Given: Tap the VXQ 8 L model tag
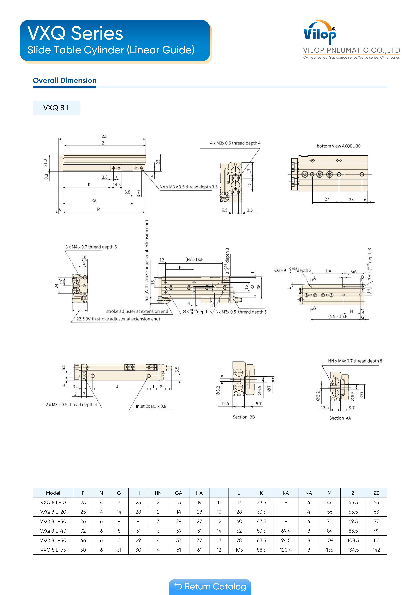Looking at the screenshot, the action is (x=56, y=108).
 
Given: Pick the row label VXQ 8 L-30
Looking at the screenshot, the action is (x=53, y=521).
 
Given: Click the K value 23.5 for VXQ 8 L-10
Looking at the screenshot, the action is (x=261, y=502).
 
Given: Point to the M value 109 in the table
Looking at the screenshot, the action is (x=329, y=540).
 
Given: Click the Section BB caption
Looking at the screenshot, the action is (x=244, y=417).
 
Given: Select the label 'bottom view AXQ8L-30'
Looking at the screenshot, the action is (x=338, y=146).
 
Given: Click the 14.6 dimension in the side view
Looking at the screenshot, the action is (x=116, y=184).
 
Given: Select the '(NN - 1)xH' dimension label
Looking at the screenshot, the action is (x=338, y=316).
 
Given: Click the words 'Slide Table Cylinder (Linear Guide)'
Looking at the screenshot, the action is (x=111, y=50).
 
